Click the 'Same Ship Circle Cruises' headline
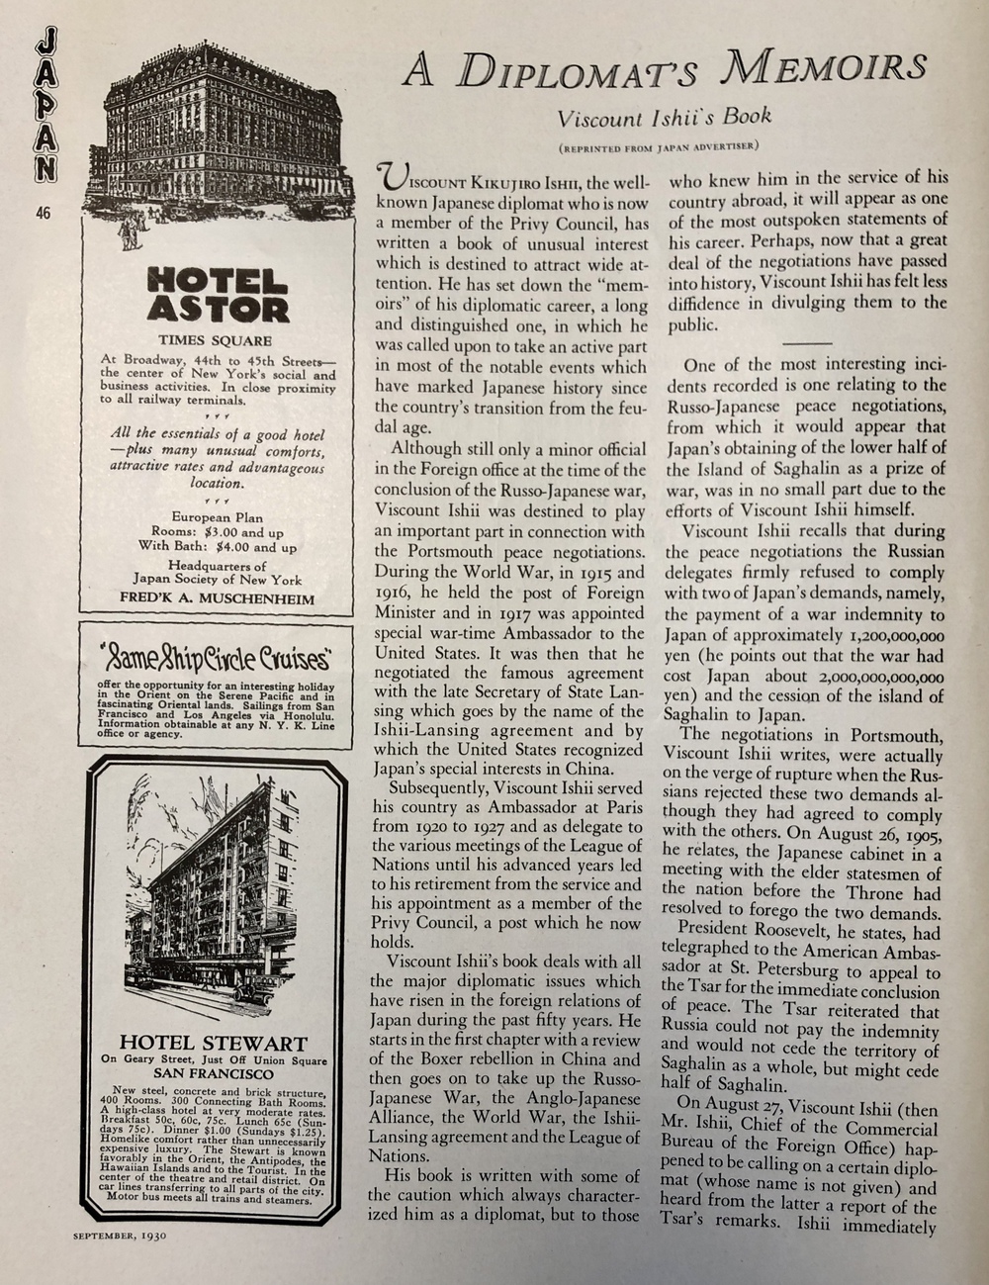click(217, 657)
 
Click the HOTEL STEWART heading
click(214, 1043)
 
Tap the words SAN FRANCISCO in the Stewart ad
click(214, 1073)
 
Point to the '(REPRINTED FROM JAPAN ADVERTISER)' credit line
click(658, 148)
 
